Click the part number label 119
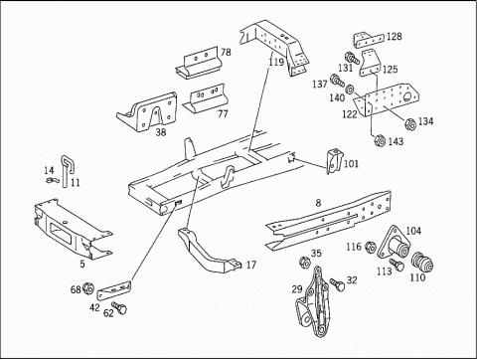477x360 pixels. [276, 62]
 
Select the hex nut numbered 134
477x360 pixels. [410, 124]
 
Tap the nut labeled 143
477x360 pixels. [380, 140]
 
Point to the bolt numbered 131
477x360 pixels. [352, 58]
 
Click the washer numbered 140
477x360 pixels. [350, 89]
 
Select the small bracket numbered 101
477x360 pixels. [334, 161]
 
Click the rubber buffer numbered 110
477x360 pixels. [422, 262]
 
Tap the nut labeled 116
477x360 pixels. [371, 247]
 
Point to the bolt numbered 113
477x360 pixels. [397, 265]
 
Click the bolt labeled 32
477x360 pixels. [338, 285]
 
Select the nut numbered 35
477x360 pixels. [304, 263]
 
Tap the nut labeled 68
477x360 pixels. [87, 288]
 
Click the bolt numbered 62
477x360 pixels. [119, 308]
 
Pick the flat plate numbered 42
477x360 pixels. [114, 290]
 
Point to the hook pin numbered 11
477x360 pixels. [68, 171]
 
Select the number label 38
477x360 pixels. [161, 132]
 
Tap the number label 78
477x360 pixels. [226, 52]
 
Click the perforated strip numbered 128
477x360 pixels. [369, 40]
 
